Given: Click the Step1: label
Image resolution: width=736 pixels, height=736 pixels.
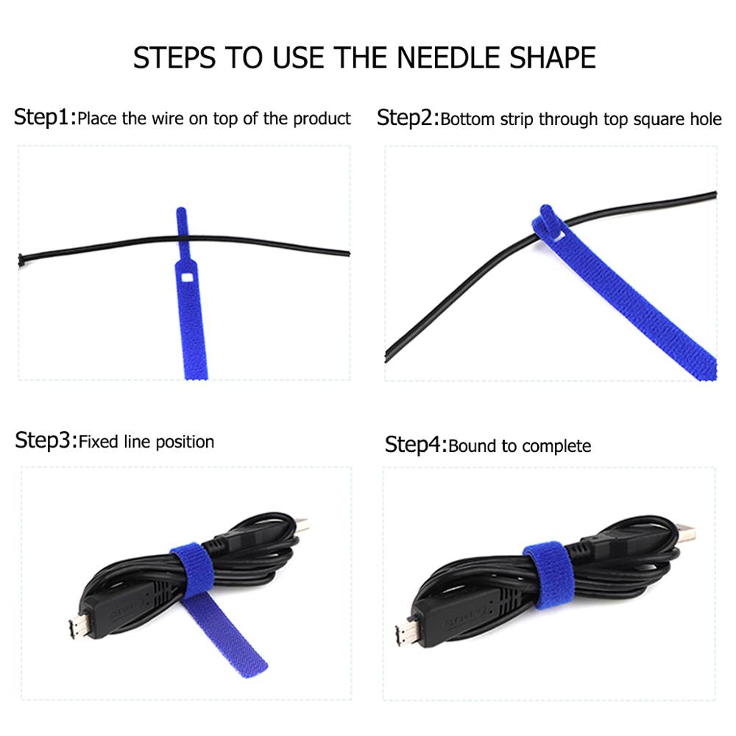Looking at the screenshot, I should click(x=44, y=117).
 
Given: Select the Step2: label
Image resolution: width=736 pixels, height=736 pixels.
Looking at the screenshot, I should click(x=407, y=118).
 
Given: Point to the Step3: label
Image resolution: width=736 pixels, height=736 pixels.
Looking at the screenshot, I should click(x=46, y=441).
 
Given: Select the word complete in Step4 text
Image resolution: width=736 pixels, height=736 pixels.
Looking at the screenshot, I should click(x=556, y=446).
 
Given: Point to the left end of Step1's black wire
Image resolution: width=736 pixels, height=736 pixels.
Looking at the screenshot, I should click(x=21, y=259).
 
